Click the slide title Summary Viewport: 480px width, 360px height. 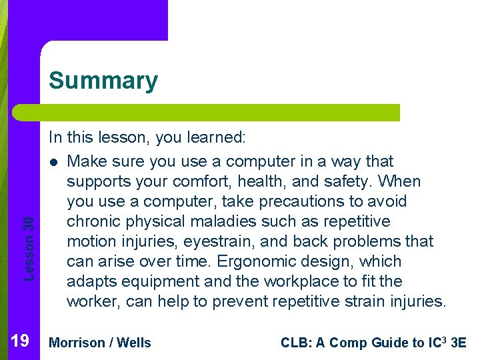[x=103, y=81]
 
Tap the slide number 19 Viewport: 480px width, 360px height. [x=20, y=342]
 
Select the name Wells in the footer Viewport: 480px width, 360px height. [x=134, y=343]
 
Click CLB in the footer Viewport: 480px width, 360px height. [x=295, y=343]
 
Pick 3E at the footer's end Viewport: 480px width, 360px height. [x=459, y=343]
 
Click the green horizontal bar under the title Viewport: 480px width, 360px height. [x=207, y=113]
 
